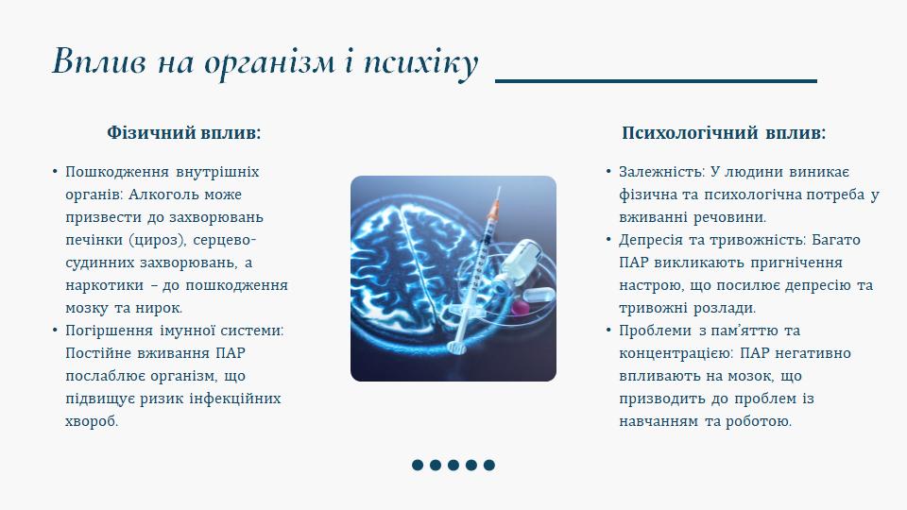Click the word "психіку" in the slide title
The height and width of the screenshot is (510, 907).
(x=420, y=62)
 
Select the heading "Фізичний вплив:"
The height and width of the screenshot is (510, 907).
(x=184, y=133)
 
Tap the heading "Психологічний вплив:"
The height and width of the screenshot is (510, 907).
(x=724, y=133)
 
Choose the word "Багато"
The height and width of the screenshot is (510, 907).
(x=836, y=240)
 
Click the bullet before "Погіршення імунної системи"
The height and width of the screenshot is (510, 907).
(x=55, y=331)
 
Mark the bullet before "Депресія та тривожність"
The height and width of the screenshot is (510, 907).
(x=608, y=239)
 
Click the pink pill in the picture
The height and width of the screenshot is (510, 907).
(x=521, y=307)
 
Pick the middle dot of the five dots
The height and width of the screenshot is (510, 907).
(x=453, y=465)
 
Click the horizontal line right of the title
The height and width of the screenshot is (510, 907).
(x=656, y=81)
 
